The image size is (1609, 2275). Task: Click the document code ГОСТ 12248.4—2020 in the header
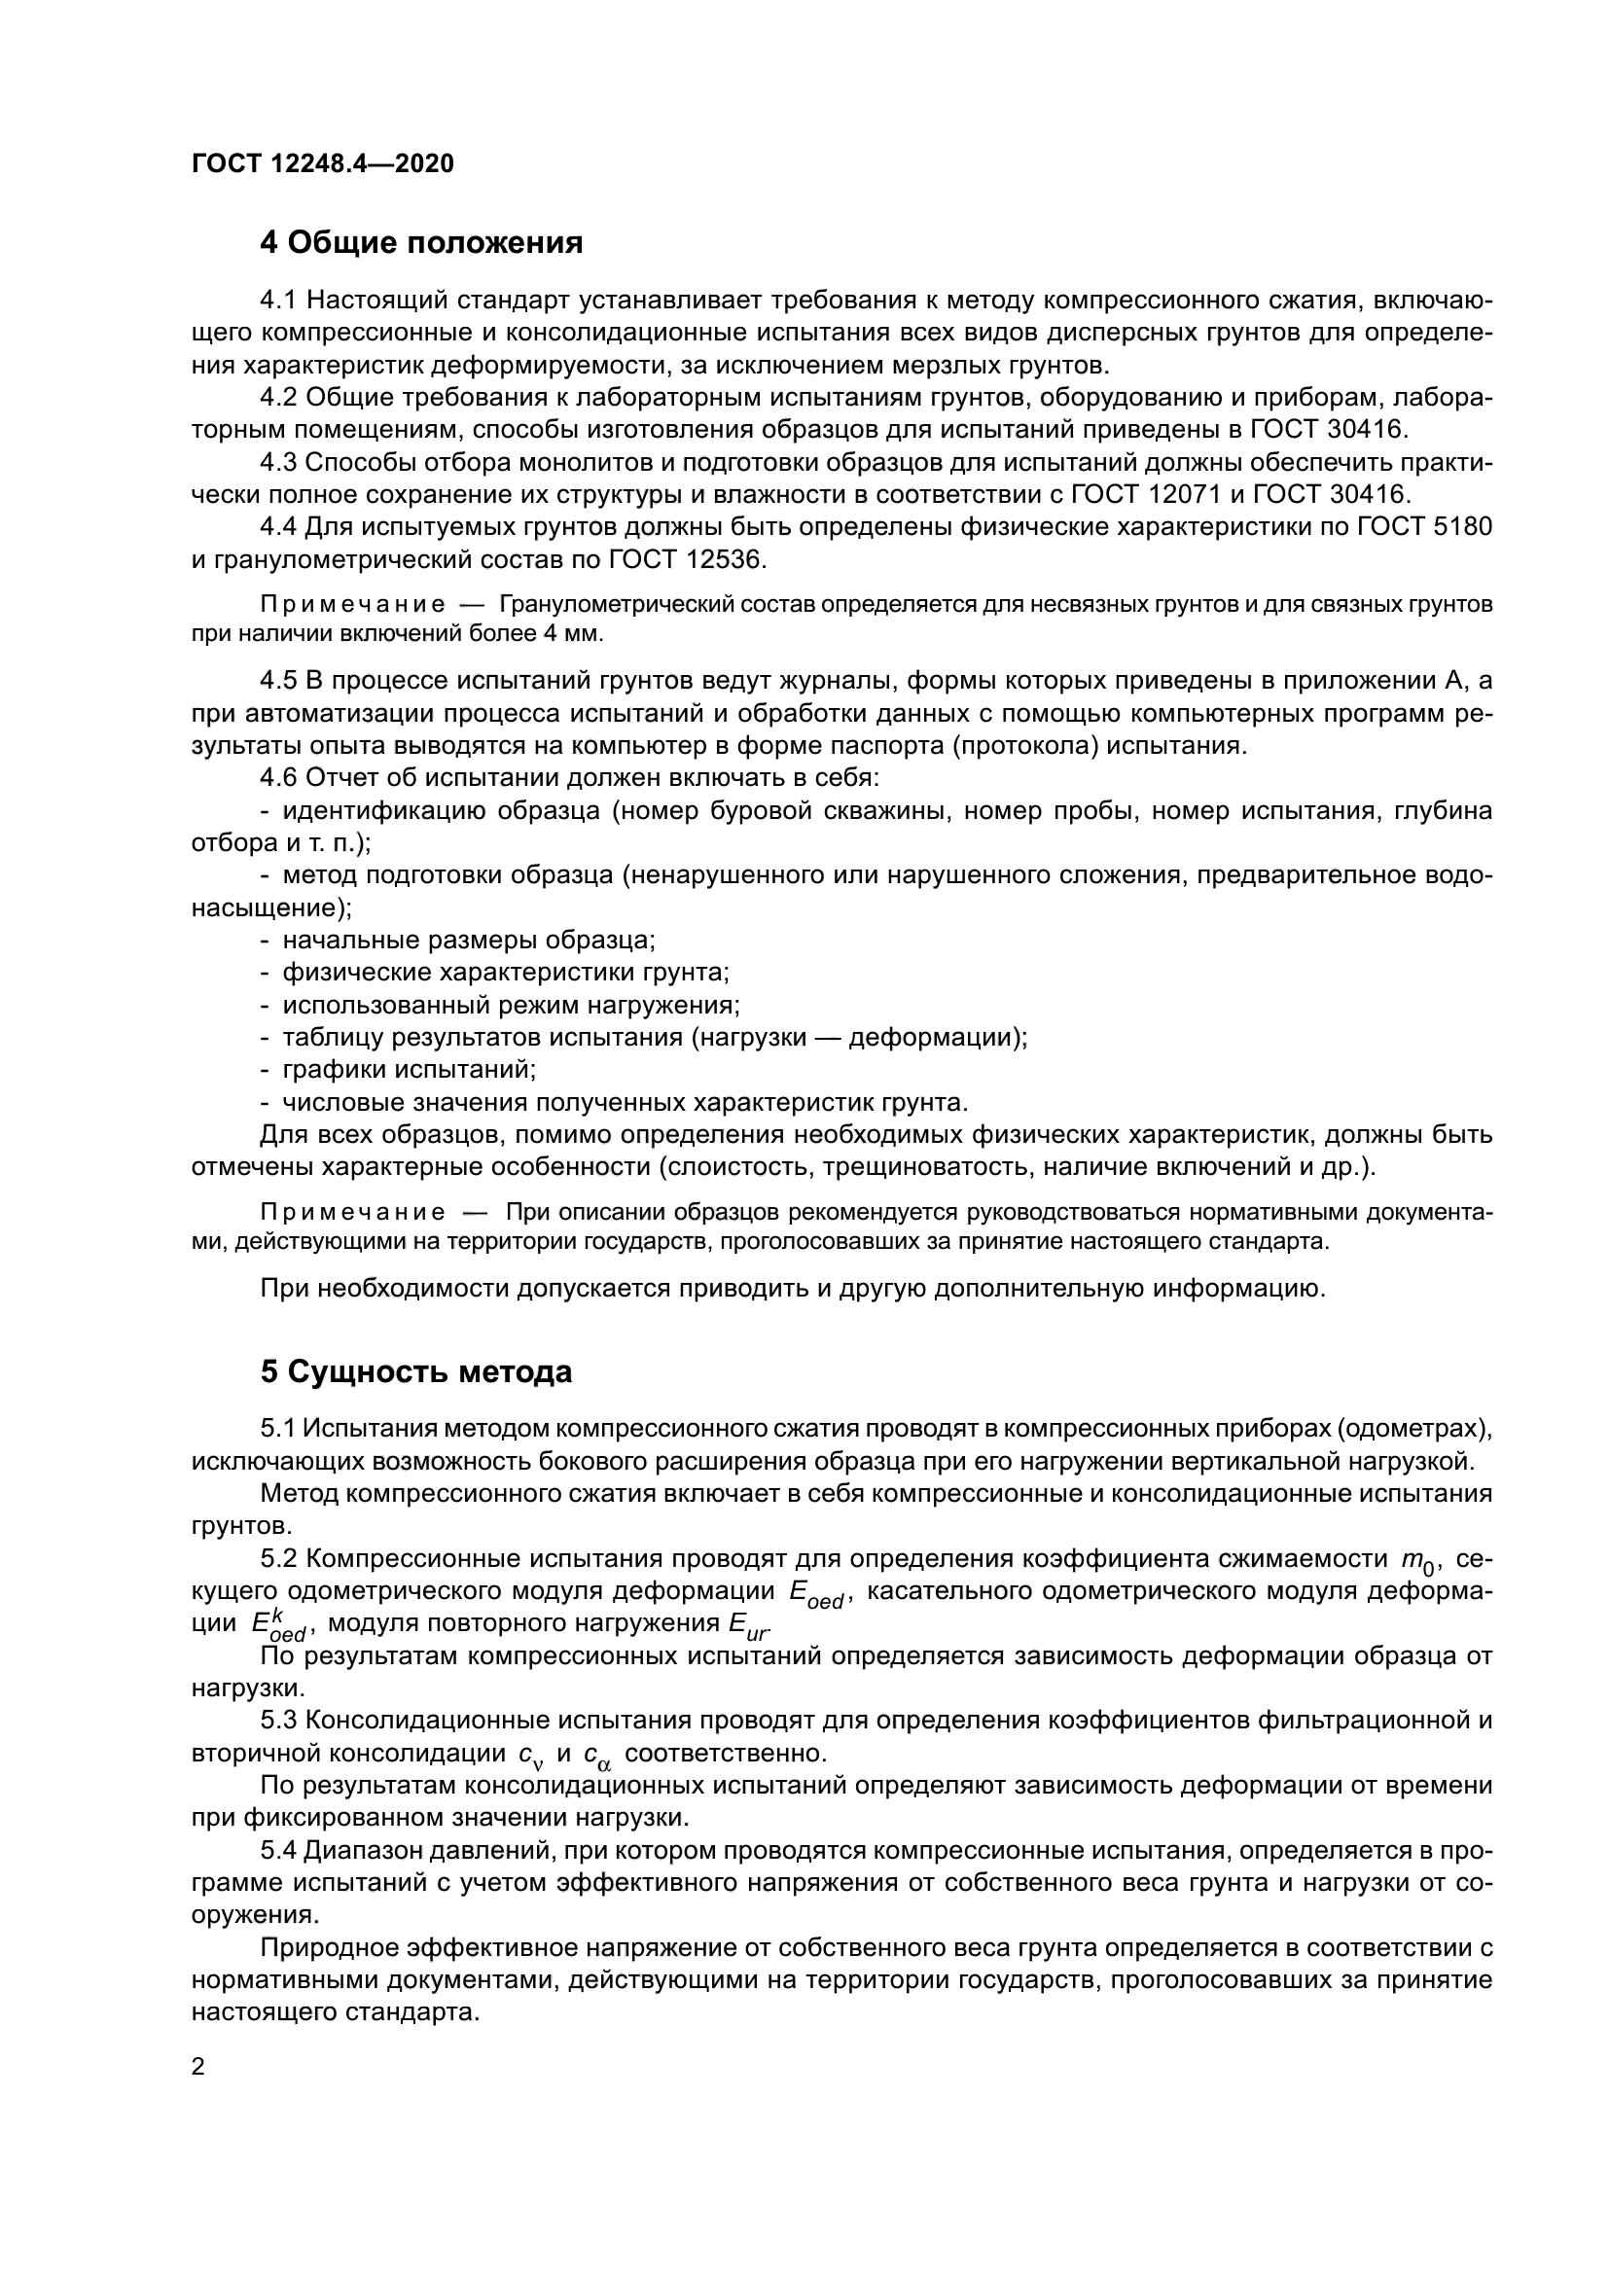[x=322, y=164]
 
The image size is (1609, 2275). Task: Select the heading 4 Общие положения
[x=421, y=242]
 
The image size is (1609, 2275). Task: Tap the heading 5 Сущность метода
[x=416, y=1372]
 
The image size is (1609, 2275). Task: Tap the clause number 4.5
[x=278, y=680]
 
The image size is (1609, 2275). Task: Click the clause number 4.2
[x=278, y=398]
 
